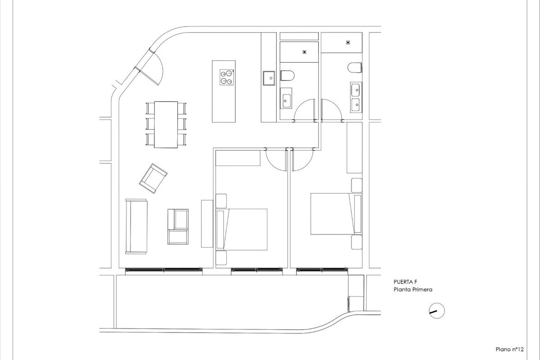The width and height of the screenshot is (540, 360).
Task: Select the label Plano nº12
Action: click(510, 349)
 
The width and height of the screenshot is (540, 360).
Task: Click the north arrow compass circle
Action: click(436, 310)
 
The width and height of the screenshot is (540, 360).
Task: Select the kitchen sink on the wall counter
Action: click(270, 78)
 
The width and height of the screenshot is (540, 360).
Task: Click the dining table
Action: click(166, 125)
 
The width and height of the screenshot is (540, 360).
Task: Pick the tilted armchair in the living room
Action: click(153, 178)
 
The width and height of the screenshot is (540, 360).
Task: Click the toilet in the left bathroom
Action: click(287, 75)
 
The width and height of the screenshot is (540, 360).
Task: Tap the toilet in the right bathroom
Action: click(355, 67)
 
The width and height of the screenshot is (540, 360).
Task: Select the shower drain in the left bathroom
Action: click(305, 52)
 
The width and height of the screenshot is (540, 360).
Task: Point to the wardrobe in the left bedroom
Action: click(238, 158)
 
